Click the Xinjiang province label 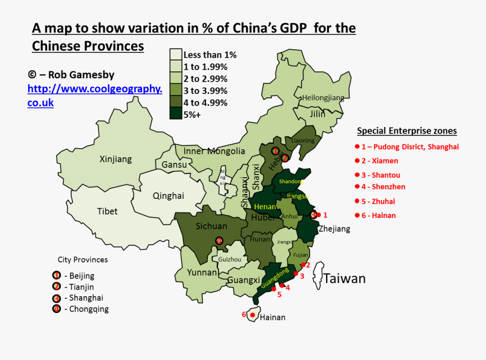[x=116, y=159]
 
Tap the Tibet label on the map [x=107, y=211]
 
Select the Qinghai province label [x=168, y=196]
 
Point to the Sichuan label [x=211, y=226]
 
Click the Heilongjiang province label [x=323, y=98]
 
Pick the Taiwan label [x=345, y=278]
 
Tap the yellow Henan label [x=265, y=206]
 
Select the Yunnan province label [x=202, y=272]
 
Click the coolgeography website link [x=94, y=95]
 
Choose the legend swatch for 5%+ [x=175, y=114]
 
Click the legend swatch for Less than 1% [x=175, y=55]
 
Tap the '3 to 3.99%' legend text [x=205, y=91]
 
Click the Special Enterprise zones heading [x=407, y=131]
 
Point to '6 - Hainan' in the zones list [x=378, y=215]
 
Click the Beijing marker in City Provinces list [x=57, y=276]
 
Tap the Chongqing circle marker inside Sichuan [x=219, y=241]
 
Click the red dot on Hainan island [x=252, y=315]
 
